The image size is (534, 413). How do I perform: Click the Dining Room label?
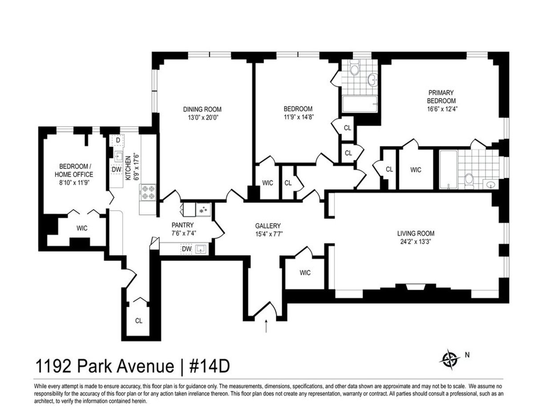pos(202,109)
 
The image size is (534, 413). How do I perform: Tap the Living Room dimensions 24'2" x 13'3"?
pos(416,241)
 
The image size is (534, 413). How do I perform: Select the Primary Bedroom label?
pos(441,97)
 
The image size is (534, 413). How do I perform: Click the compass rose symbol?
pos(450,360)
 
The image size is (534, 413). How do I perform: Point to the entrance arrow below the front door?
pos(266,326)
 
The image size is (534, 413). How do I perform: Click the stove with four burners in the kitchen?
pos(148,192)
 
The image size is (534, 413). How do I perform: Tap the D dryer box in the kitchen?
pos(118,140)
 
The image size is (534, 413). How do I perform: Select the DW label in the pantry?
pos(186,249)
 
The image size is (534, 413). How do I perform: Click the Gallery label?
pos(267,225)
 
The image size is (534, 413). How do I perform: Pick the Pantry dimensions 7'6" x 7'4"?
pos(184,233)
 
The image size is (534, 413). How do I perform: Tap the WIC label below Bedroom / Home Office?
pos(82,228)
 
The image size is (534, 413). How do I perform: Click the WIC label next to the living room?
pos(305,273)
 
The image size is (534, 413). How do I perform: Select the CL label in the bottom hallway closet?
pos(138,321)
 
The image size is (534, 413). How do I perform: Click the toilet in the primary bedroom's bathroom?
pos(469,181)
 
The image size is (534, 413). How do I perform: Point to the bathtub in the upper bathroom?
pos(360,104)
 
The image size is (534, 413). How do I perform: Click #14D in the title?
pos(210,367)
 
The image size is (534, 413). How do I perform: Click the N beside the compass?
pos(467,355)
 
